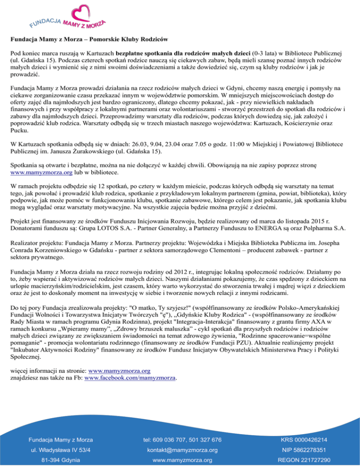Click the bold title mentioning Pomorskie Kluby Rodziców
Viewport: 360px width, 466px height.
click(x=89, y=37)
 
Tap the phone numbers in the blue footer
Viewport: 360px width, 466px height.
click(x=182, y=439)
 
